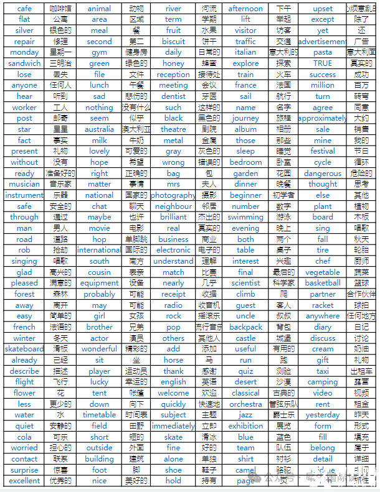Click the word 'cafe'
24,9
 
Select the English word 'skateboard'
24,349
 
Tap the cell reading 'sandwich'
24,63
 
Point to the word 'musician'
24,184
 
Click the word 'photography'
173,195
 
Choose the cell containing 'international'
99,250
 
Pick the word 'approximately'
323,118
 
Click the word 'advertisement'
323,42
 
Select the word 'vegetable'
323,272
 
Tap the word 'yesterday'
323,415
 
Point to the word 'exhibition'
245,426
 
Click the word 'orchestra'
245,404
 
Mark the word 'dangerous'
323,174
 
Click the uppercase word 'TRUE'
323,63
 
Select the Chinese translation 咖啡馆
60,9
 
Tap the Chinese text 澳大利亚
136,129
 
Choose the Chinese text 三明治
60,63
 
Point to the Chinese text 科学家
283,283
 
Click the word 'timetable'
99,415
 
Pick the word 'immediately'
173,426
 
